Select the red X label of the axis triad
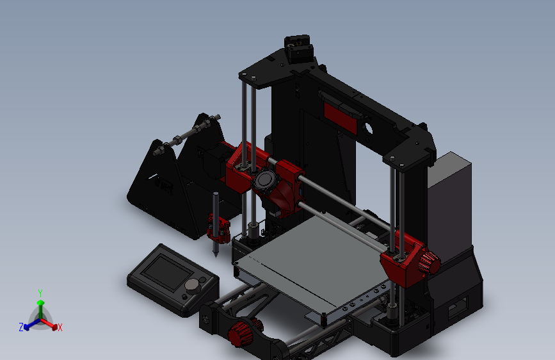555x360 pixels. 60,328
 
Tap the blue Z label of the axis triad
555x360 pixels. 21,327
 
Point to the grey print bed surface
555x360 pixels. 314,256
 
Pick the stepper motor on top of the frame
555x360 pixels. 298,47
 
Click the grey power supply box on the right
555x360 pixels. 449,205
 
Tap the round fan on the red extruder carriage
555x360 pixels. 263,180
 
